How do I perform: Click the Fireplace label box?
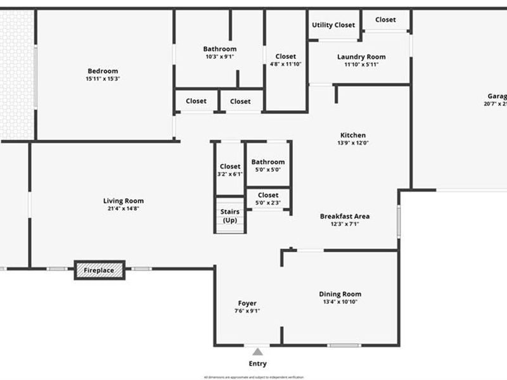coord(99,270)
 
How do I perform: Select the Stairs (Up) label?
coord(229,216)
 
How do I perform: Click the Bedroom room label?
coord(102,71)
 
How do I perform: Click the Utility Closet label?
coord(333,25)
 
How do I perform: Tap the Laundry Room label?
coord(361,57)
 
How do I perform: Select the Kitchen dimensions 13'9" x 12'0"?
coord(353,143)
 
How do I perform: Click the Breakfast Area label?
coord(345,216)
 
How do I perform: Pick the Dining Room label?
coord(340,294)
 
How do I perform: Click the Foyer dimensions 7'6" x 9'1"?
coord(247,310)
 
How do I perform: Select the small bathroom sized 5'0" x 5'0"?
coord(268,165)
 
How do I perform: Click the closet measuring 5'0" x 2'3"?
coord(268,199)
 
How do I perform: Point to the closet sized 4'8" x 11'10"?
coord(286,60)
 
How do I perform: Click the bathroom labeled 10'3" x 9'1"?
coord(220,53)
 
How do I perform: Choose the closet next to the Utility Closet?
coord(385,20)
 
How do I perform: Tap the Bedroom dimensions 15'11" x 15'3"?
coord(102,79)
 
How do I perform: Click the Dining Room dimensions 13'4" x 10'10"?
coord(340,302)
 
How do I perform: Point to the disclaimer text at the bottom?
coord(253,377)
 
